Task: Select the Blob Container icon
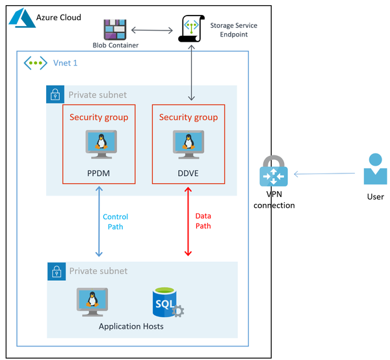pyautogui.click(x=115, y=30)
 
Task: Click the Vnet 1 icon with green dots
pyautogui.click(x=34, y=64)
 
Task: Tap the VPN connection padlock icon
pyautogui.click(x=272, y=172)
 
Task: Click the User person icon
pyautogui.click(x=374, y=169)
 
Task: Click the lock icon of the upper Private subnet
pyautogui.click(x=56, y=94)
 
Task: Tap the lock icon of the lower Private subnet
pyautogui.click(x=56, y=271)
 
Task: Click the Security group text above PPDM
pyautogui.click(x=99, y=118)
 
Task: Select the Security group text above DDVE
pyautogui.click(x=188, y=118)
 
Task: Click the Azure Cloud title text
pyautogui.click(x=58, y=17)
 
